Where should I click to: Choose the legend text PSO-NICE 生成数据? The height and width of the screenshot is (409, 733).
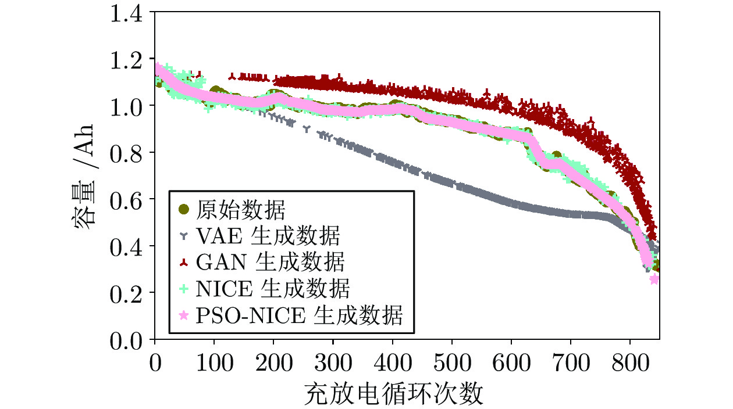[x=298, y=315]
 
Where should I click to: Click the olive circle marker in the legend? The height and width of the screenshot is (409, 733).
[x=184, y=209]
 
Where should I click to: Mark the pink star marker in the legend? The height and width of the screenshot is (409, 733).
[x=184, y=315]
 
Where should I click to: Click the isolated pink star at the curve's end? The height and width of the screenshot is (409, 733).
[x=654, y=279]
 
